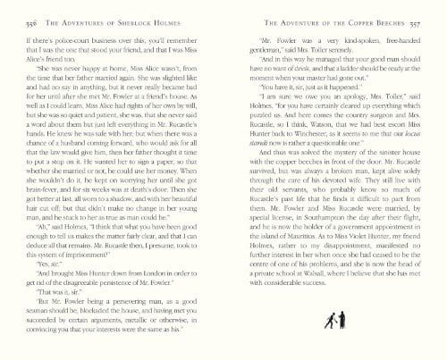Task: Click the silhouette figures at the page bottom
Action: [x=333, y=343]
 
